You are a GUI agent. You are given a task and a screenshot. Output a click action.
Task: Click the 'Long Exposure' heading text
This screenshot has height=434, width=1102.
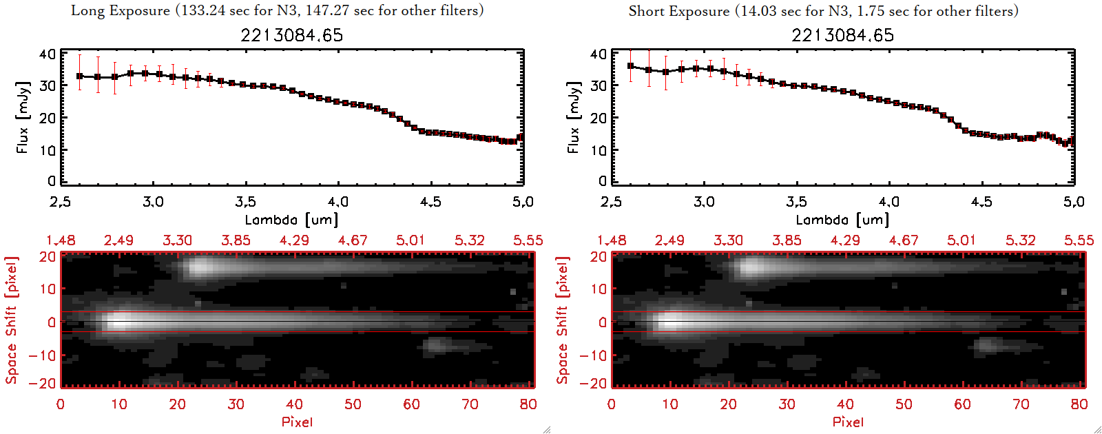coord(121,10)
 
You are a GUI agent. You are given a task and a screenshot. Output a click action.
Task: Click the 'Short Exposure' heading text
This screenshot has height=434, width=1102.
coord(678,11)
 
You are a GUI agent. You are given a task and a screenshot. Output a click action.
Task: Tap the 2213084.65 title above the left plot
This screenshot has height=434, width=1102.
coord(291,35)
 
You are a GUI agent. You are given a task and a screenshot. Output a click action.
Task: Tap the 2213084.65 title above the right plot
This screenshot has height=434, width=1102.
coord(842,35)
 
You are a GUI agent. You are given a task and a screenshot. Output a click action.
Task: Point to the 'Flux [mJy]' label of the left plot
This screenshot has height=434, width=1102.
coord(23,117)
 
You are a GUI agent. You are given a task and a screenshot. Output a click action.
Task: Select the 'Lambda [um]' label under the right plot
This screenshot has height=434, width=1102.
coord(842,220)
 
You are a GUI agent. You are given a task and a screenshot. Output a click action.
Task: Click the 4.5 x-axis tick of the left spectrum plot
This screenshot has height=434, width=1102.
coord(430,202)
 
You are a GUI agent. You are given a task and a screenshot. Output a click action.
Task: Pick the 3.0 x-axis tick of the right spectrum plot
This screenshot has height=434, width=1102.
coord(704,202)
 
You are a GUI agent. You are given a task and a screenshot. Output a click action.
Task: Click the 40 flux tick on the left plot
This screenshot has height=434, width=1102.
coord(48,54)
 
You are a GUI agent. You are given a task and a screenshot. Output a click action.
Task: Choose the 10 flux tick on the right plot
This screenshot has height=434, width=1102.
coord(599,149)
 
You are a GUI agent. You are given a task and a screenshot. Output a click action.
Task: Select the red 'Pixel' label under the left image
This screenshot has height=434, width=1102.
coord(297,422)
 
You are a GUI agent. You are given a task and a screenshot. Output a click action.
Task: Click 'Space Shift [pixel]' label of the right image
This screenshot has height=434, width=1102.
coord(563,320)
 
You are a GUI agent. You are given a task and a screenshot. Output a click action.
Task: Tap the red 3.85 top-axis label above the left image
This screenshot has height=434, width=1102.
coord(236,240)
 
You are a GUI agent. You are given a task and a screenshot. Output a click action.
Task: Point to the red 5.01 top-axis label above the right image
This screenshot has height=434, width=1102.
coord(961,240)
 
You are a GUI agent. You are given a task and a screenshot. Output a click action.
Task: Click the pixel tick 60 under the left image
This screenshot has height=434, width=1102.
coord(411,404)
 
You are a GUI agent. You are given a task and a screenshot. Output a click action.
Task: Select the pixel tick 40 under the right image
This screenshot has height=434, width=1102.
coord(845,404)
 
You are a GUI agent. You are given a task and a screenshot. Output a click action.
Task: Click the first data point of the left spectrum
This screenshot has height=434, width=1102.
coord(80,76)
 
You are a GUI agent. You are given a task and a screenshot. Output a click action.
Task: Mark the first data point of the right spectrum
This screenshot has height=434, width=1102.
coord(631,66)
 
